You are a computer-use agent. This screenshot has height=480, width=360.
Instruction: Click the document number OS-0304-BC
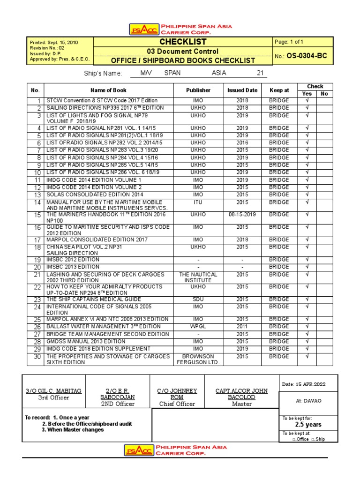pos(308,56)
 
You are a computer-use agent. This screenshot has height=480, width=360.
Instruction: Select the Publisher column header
pos(198,90)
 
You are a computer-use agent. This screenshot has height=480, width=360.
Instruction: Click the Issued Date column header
pos(242,90)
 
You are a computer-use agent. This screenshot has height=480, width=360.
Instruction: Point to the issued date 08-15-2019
pos(242,214)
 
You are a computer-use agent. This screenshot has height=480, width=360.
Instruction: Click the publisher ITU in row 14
pos(198,202)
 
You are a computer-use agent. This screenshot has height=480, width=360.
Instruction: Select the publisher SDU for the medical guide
pos(198,299)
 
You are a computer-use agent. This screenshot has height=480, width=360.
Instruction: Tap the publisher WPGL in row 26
pos(198,326)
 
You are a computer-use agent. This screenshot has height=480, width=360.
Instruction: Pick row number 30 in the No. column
pos(37,357)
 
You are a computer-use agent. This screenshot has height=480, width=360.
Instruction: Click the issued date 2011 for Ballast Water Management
pos(242,326)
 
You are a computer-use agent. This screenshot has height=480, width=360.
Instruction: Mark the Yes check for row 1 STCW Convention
pos(307,100)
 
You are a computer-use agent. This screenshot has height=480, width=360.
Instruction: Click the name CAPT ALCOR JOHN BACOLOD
pos(242,394)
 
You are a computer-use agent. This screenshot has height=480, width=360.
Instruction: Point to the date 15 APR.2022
pos(303,384)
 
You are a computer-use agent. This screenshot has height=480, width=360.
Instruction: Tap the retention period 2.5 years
pos(308,424)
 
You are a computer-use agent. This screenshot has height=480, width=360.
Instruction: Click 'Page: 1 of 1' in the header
pos(293,42)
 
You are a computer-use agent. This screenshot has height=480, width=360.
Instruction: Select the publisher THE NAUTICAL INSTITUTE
pos(198,277)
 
